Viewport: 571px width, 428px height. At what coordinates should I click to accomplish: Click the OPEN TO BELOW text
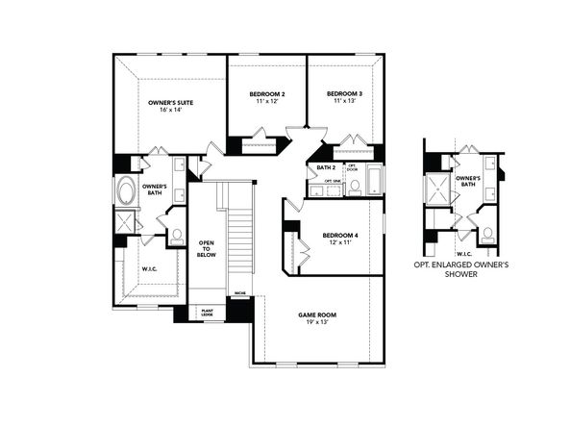[205, 250]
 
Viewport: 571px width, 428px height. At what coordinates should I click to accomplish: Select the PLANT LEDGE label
[206, 312]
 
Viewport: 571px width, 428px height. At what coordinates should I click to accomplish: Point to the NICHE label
[239, 292]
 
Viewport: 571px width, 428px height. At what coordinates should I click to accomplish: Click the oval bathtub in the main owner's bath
[126, 192]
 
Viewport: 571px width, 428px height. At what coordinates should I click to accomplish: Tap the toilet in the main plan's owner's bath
[176, 234]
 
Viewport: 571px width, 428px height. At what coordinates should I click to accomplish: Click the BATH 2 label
[326, 167]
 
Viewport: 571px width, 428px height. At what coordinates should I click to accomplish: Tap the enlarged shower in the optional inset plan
[441, 189]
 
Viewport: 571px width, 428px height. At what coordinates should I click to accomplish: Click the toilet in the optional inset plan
[487, 232]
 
